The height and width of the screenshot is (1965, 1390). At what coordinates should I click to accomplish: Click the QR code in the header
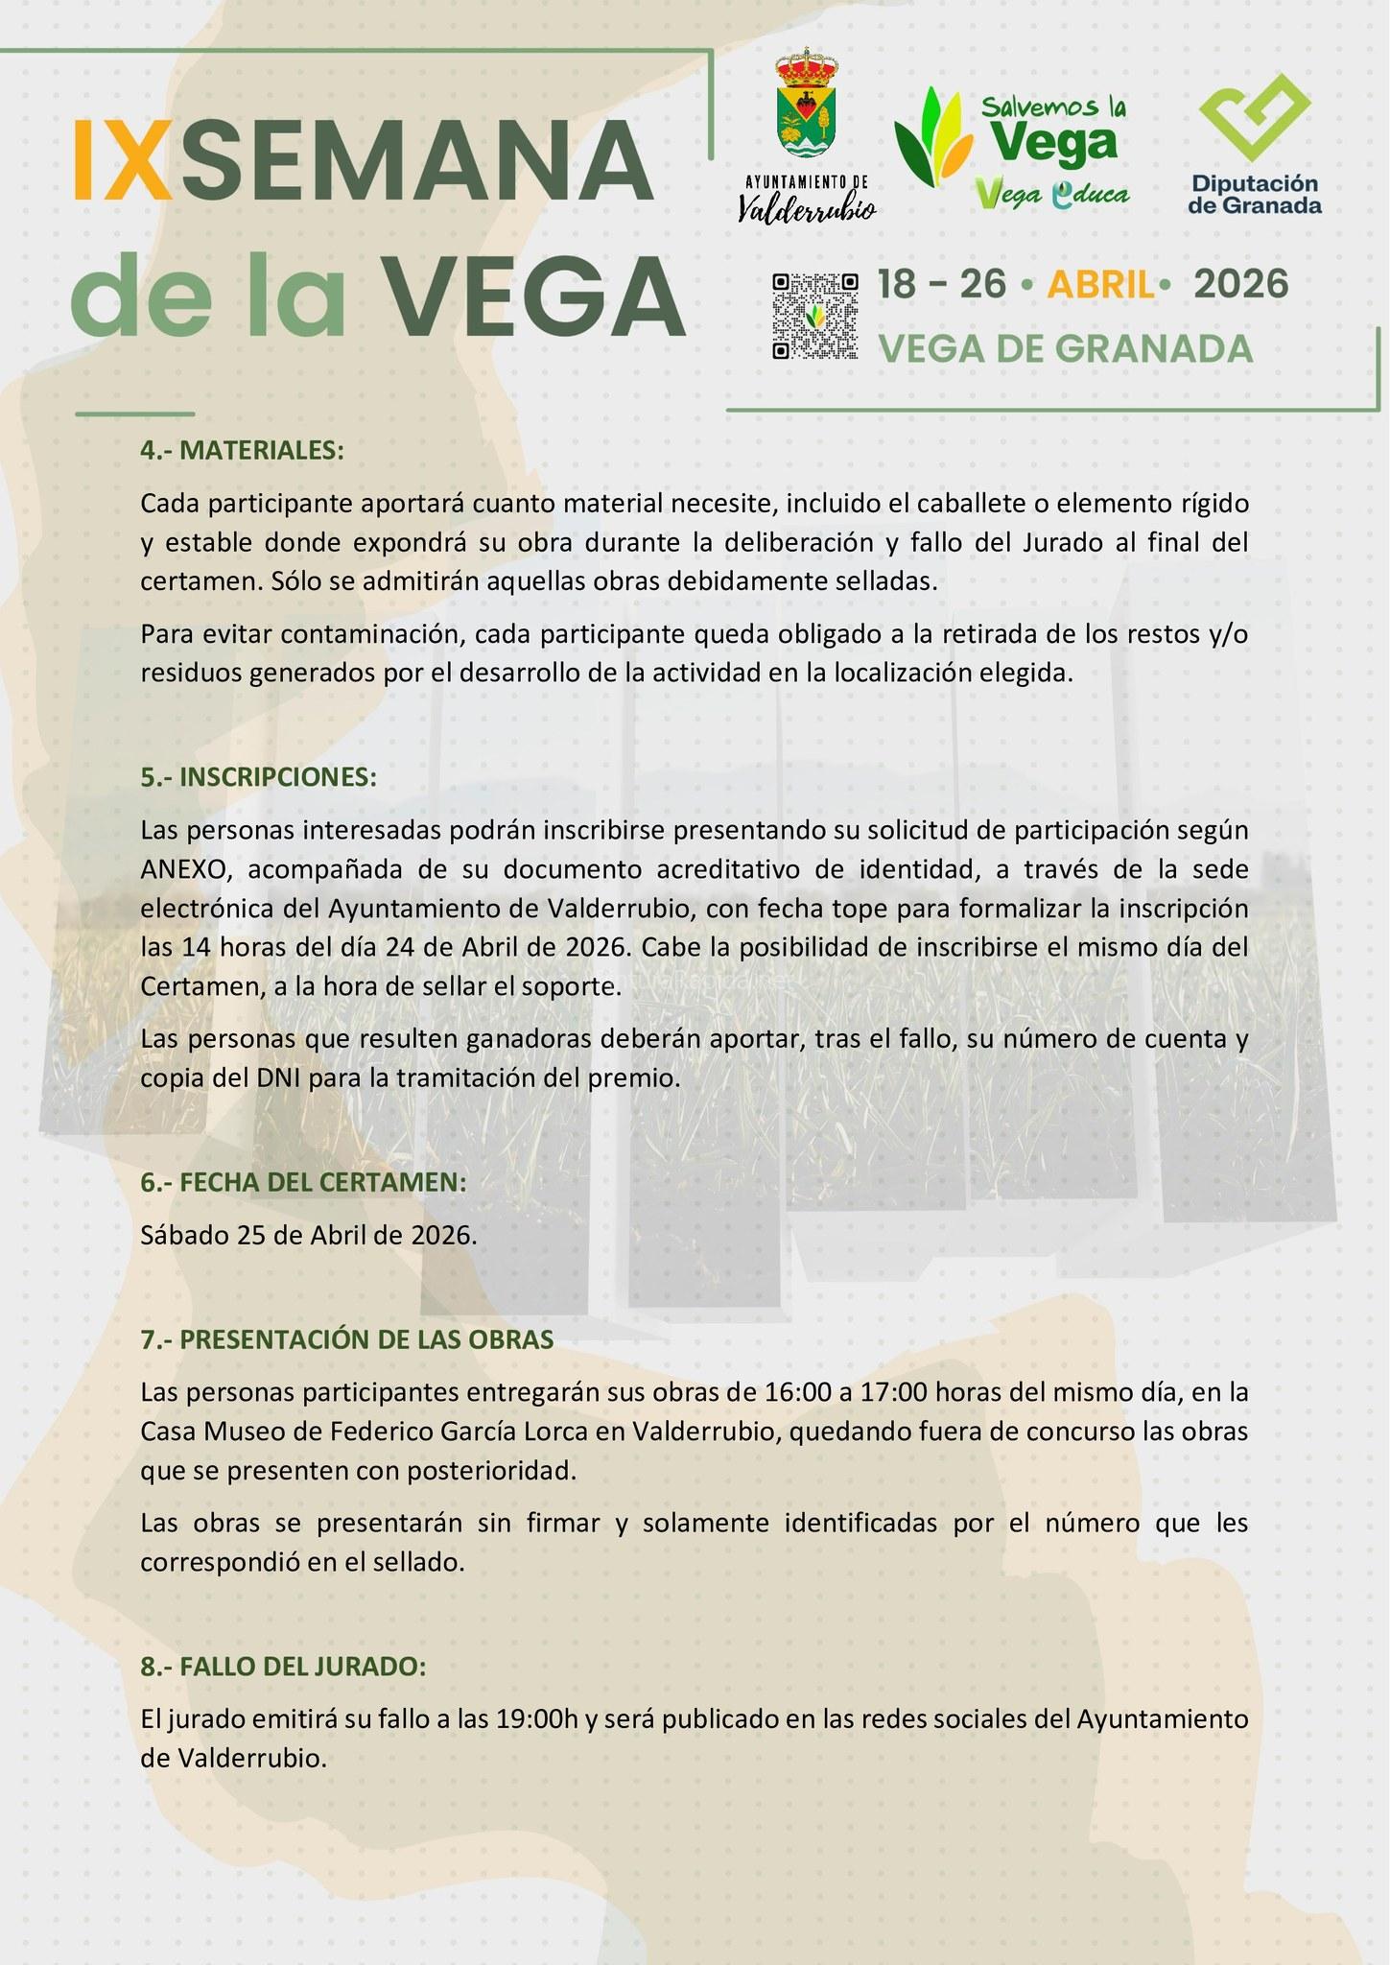[x=814, y=316]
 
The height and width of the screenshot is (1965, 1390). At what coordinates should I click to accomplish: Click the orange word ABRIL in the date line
[x=1099, y=285]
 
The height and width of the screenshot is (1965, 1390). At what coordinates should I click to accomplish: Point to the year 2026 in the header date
[x=1240, y=284]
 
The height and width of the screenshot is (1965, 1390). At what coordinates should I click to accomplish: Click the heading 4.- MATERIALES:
[x=242, y=450]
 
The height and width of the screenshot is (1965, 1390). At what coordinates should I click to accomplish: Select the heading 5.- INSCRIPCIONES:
[x=259, y=776]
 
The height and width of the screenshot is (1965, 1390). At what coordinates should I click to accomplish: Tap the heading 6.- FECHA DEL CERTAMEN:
[x=303, y=1182]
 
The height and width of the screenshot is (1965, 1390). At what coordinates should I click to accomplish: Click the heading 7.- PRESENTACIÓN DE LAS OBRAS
[x=347, y=1339]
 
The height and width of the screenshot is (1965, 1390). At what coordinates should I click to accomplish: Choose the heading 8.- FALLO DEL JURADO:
[x=283, y=1667]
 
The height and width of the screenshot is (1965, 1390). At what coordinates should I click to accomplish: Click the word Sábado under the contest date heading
[x=183, y=1235]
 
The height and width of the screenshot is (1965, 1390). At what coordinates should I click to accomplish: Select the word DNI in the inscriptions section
[x=278, y=1077]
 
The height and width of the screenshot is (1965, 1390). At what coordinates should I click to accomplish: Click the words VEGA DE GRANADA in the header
[x=1066, y=349]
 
